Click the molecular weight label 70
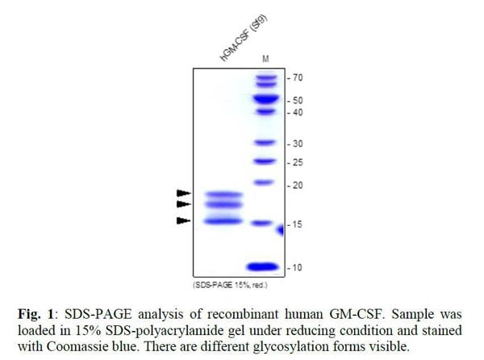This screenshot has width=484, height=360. click(298, 78)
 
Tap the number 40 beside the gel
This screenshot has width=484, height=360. click(298, 112)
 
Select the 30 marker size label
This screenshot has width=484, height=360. click(298, 143)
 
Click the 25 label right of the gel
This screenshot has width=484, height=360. click(298, 162)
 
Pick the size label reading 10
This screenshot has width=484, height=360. click(298, 267)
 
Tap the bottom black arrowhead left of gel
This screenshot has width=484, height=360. click(184, 220)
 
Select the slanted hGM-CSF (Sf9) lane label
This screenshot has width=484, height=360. click(244, 44)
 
